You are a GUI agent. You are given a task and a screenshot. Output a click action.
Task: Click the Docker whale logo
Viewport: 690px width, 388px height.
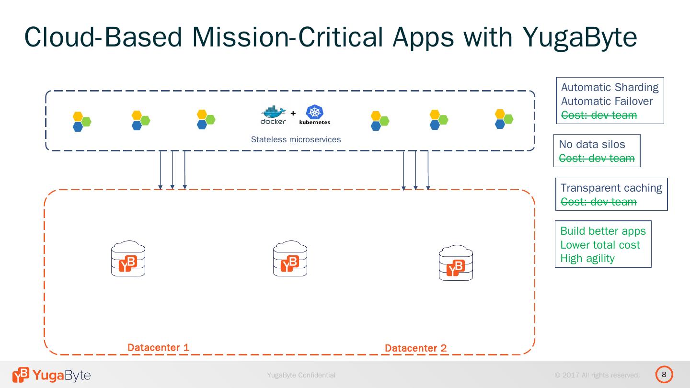tap(273, 115)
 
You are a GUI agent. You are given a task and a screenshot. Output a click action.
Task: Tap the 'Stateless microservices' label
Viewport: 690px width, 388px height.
tap(296, 139)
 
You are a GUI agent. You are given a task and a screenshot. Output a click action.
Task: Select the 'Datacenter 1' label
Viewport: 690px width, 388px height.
tap(158, 347)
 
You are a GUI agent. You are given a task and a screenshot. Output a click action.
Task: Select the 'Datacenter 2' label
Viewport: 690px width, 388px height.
tap(415, 348)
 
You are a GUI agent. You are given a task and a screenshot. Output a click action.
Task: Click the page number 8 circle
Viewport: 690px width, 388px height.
tap(664, 375)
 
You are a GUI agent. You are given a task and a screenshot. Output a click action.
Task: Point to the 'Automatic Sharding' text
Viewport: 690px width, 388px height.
tap(609, 88)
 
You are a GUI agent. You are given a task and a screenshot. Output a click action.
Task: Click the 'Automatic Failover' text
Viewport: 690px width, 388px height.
tap(607, 101)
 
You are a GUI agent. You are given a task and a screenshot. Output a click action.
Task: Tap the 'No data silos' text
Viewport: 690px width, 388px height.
tap(592, 144)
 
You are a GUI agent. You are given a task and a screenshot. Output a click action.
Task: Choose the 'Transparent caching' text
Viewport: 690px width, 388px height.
tap(611, 188)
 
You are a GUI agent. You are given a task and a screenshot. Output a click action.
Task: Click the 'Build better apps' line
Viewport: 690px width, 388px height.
tap(603, 231)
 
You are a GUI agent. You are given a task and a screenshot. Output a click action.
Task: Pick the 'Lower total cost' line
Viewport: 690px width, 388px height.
tap(600, 245)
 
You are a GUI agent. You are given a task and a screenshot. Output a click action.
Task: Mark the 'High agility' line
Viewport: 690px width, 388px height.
tap(587, 258)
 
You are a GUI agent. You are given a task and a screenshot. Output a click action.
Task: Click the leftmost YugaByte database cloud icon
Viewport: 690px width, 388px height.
tap(128, 258)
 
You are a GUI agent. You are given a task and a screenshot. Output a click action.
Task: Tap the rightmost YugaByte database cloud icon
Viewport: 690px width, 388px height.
tap(456, 262)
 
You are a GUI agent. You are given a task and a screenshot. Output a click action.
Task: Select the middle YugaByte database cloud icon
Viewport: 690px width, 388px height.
tap(290, 258)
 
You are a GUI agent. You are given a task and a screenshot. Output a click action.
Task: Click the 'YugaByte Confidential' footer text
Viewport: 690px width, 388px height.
tap(301, 375)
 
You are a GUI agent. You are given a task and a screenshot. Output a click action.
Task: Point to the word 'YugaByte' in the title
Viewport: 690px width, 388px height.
tap(579, 37)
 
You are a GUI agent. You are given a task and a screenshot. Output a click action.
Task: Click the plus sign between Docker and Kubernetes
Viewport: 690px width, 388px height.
tap(293, 114)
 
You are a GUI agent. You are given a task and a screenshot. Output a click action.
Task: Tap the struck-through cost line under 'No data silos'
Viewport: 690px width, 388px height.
tap(597, 158)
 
